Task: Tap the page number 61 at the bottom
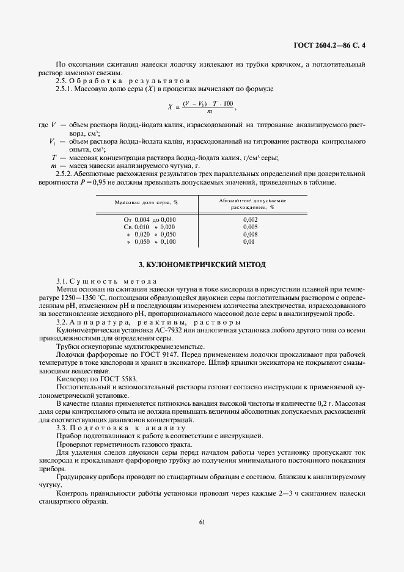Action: [x=202, y=521]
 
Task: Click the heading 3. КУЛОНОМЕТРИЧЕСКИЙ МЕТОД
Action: [x=202, y=265]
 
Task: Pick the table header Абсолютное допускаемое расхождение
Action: [x=252, y=204]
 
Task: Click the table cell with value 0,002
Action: [x=250, y=219]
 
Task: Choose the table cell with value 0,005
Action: [x=250, y=227]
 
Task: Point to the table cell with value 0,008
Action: [x=250, y=234]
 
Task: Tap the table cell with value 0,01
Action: [x=248, y=242]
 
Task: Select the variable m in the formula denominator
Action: [x=210, y=111]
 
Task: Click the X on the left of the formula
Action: [x=171, y=106]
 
